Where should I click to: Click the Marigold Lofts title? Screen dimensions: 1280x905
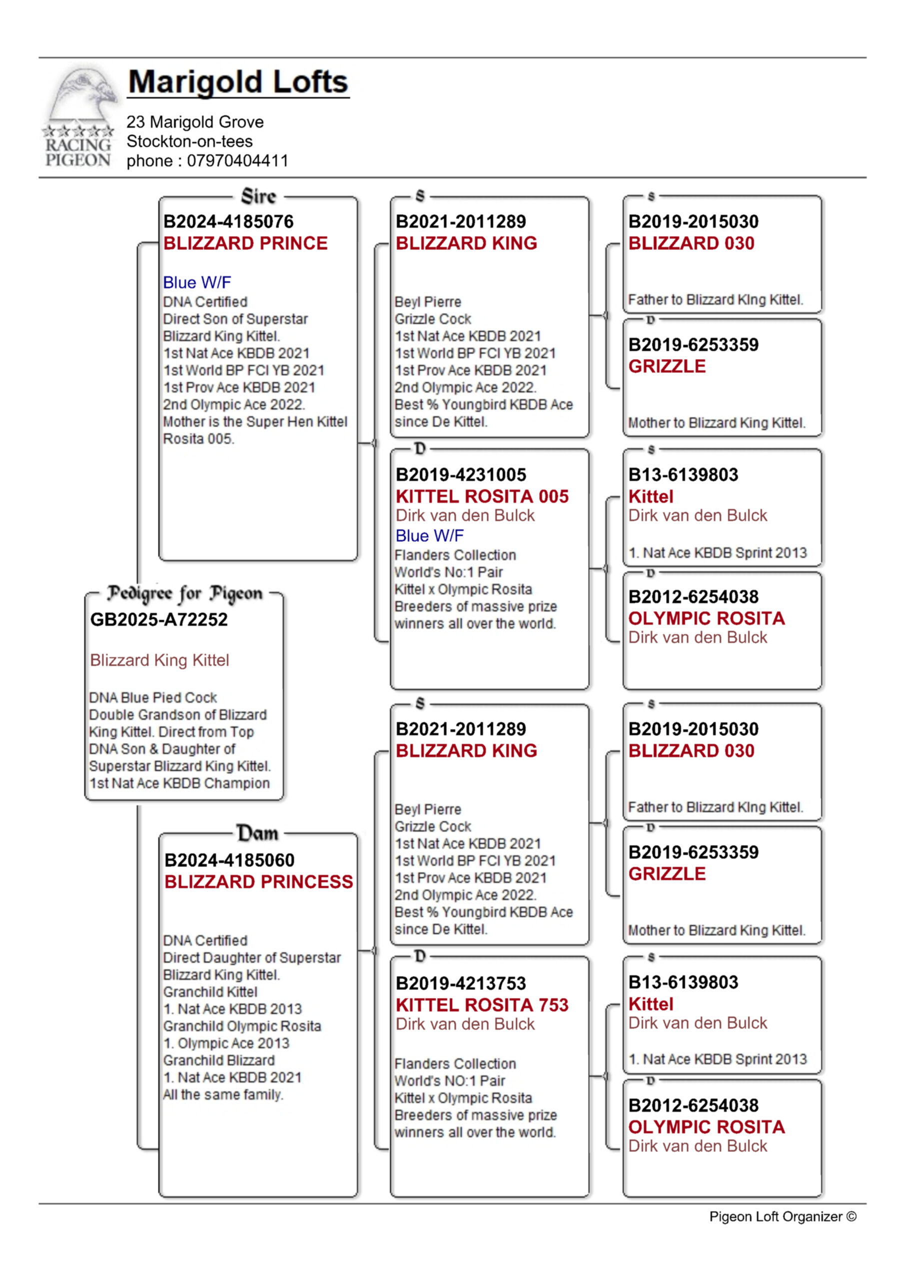point(238,82)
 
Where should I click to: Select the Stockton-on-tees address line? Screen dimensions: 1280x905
point(189,141)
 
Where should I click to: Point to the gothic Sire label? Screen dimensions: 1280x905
point(258,196)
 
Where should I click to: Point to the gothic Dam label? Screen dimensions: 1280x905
point(257,833)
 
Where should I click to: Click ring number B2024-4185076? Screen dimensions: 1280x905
point(228,222)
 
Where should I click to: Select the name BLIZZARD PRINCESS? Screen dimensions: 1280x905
point(258,882)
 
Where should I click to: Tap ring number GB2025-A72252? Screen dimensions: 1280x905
point(159,619)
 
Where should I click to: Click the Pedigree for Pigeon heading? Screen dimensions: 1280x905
point(184,593)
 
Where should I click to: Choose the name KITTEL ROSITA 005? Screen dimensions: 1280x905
point(482,496)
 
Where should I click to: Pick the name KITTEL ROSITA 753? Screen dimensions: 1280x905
point(482,1004)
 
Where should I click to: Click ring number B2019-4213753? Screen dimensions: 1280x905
point(461,983)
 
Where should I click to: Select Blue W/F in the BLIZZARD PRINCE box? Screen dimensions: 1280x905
point(197,282)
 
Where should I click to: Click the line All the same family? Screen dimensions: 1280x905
point(223,1095)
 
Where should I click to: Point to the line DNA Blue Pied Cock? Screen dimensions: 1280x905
point(153,698)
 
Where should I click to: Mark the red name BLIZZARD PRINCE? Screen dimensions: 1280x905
point(245,243)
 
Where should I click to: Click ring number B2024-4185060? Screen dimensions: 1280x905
point(229,860)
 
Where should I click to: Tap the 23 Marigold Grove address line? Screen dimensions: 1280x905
point(195,122)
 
